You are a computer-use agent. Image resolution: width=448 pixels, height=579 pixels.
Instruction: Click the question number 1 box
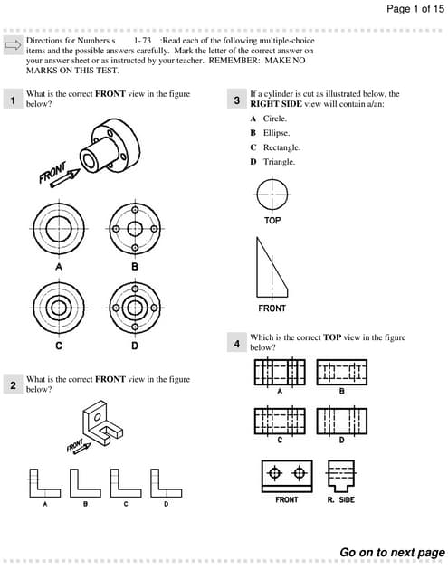[x=13, y=100]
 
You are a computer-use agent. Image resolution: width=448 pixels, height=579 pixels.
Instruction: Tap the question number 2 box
[x=13, y=385]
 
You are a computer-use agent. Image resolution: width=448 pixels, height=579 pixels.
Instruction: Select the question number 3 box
[x=236, y=100]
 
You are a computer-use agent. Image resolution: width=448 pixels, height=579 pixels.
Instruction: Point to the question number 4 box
[x=236, y=344]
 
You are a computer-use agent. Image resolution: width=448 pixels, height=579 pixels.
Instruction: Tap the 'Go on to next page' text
[x=392, y=552]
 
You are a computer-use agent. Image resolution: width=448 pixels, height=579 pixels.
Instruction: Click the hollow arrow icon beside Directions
[x=13, y=45]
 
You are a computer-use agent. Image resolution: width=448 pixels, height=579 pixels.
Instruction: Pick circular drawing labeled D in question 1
[x=134, y=308]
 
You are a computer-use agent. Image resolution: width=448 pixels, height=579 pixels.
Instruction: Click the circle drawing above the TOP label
[x=272, y=194]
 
